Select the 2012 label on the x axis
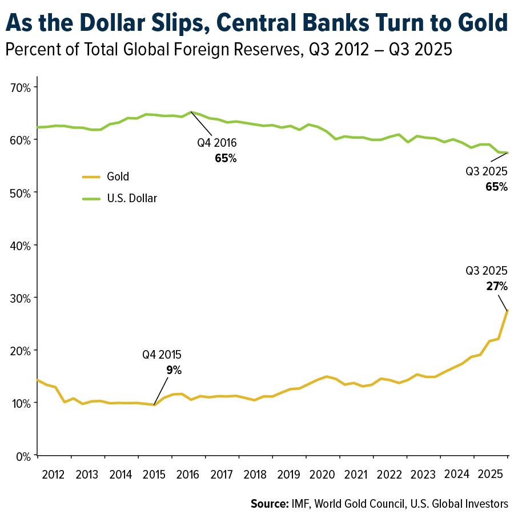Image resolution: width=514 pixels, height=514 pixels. (53, 475)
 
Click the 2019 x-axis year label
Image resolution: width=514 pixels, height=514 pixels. (290, 475)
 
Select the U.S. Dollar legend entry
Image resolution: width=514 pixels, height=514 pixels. (132, 198)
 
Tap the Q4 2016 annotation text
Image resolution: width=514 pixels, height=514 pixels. (217, 143)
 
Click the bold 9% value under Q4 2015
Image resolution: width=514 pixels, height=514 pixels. (174, 370)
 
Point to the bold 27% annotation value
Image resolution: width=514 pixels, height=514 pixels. (496, 287)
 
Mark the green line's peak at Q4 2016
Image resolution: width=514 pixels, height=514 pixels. (191, 112)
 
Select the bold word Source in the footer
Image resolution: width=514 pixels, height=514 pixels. (269, 504)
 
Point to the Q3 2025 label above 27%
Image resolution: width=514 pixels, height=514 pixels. (487, 272)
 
